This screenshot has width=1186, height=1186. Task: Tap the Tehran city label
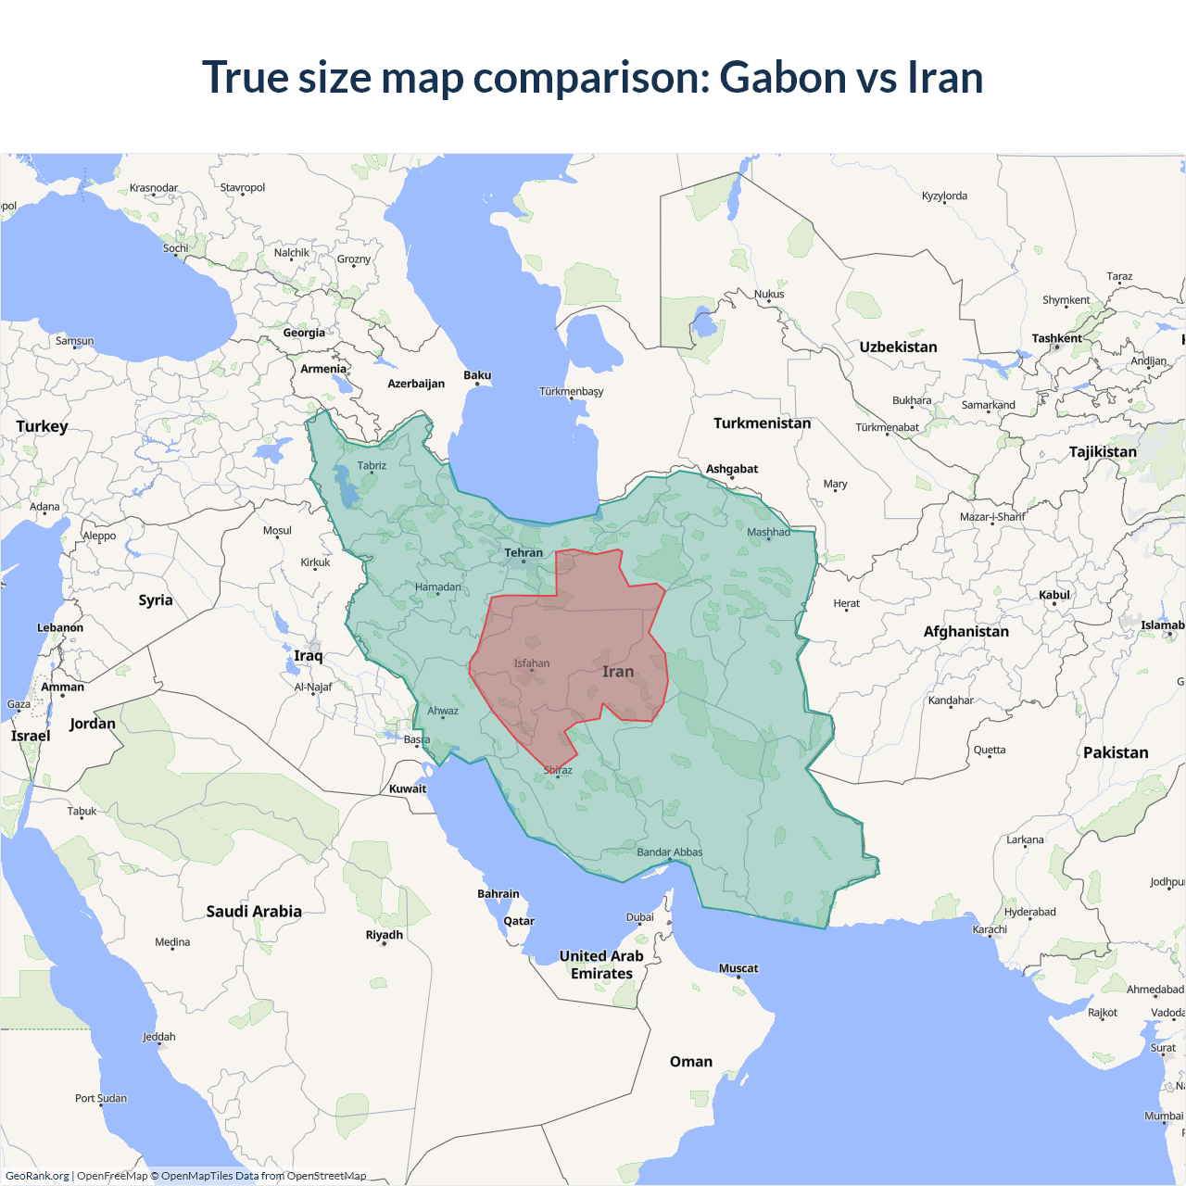pos(524,553)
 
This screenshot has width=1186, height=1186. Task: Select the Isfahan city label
pos(532,663)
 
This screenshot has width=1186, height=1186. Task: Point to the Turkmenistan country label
pos(762,423)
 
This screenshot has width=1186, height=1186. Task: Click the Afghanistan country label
pos(965,632)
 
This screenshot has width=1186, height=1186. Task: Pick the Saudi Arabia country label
pos(254,912)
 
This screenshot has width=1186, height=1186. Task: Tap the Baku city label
pos(477,375)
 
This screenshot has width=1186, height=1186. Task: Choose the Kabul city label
pos(1054,595)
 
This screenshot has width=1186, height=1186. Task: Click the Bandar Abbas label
pos(669,852)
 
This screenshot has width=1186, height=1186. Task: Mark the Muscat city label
pos(738,968)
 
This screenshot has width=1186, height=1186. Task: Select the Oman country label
pos(691,1062)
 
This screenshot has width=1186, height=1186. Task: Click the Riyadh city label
pos(385,935)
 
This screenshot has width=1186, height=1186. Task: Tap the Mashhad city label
pos(768,532)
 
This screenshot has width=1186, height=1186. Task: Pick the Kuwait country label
pos(408,789)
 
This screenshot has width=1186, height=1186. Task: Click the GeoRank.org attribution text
pos(37,1176)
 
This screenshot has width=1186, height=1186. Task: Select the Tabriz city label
pos(372,466)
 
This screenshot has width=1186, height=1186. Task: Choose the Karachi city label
pos(990,929)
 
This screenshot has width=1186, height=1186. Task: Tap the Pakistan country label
pos(1116,753)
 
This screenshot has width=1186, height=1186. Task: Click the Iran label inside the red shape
pos(618,672)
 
